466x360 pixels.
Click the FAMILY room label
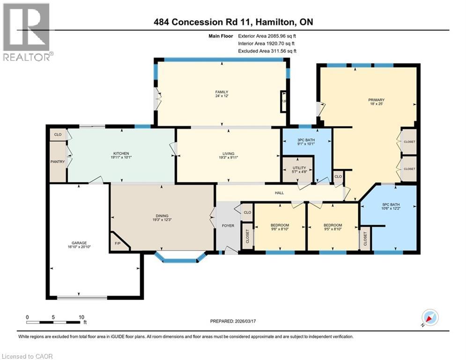click(221, 92)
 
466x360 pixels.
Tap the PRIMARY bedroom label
click(376, 100)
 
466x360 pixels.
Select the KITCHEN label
click(120, 153)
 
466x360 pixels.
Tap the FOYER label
click(228, 225)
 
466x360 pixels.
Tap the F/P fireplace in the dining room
click(117, 244)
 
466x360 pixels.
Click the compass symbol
click(429, 317)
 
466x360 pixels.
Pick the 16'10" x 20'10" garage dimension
click(78, 247)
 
